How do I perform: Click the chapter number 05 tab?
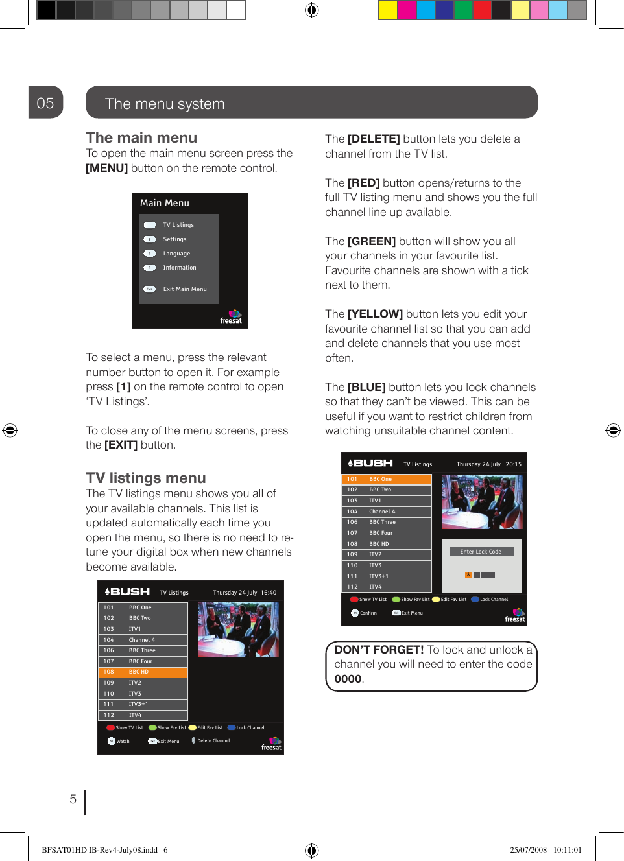(x=45, y=103)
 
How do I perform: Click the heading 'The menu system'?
(x=165, y=104)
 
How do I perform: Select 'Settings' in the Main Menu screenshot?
(x=174, y=239)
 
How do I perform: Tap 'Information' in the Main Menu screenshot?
(x=179, y=268)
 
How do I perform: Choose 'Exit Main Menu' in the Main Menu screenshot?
(x=184, y=289)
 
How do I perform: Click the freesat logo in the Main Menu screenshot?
(x=232, y=317)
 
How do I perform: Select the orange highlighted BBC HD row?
(x=143, y=672)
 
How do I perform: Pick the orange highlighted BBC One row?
(x=386, y=479)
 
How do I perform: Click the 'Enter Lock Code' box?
(x=481, y=552)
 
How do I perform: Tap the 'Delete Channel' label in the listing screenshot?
(x=213, y=741)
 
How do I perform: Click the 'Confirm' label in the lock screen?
(x=368, y=613)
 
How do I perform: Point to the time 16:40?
(x=269, y=593)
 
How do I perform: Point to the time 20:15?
(x=514, y=464)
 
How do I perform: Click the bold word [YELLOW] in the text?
(x=375, y=314)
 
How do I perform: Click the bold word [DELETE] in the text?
(x=374, y=139)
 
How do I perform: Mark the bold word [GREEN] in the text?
(x=372, y=242)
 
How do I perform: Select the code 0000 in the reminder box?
(x=348, y=679)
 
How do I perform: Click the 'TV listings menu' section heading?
(x=146, y=478)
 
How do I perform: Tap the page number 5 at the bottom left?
(x=73, y=799)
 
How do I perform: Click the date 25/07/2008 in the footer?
(x=528, y=850)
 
